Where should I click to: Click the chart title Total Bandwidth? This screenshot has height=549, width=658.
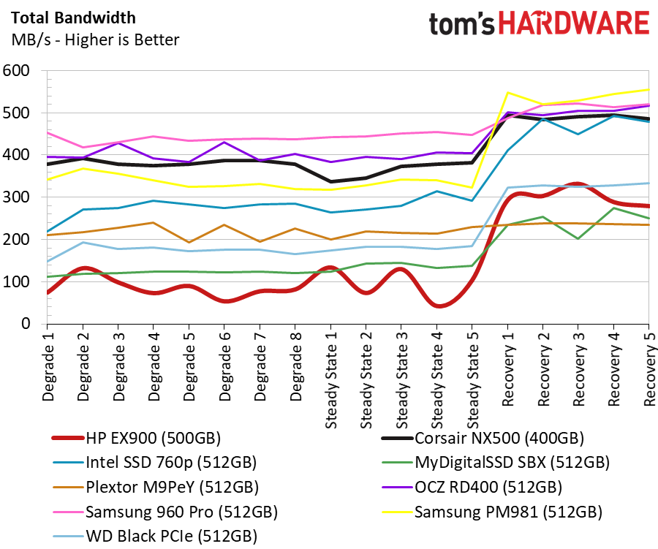tap(73, 18)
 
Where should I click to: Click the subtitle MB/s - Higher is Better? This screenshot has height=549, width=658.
tap(95, 40)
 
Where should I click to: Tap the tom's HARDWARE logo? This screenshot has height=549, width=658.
tap(540, 23)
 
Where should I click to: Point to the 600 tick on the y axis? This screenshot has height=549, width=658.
tap(16, 70)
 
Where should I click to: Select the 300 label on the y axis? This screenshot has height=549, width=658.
tap(16, 197)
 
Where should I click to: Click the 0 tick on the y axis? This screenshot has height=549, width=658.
tap(26, 324)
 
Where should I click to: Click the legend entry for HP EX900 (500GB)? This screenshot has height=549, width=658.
tap(136, 438)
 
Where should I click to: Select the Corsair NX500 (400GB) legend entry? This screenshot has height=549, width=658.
tap(483, 438)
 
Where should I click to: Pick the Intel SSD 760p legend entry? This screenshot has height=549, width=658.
tap(154, 463)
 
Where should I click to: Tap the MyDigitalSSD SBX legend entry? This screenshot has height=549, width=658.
tap(496, 463)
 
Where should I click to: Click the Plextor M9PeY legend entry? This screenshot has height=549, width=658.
tap(156, 488)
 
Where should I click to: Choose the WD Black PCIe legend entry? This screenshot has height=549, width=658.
tap(155, 537)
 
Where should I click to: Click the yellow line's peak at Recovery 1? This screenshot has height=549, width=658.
tap(508, 92)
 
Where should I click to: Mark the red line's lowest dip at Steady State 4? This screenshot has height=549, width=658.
tap(438, 306)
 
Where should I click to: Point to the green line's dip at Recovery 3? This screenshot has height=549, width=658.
tap(578, 239)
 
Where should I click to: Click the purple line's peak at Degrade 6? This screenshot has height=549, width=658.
tap(224, 143)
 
